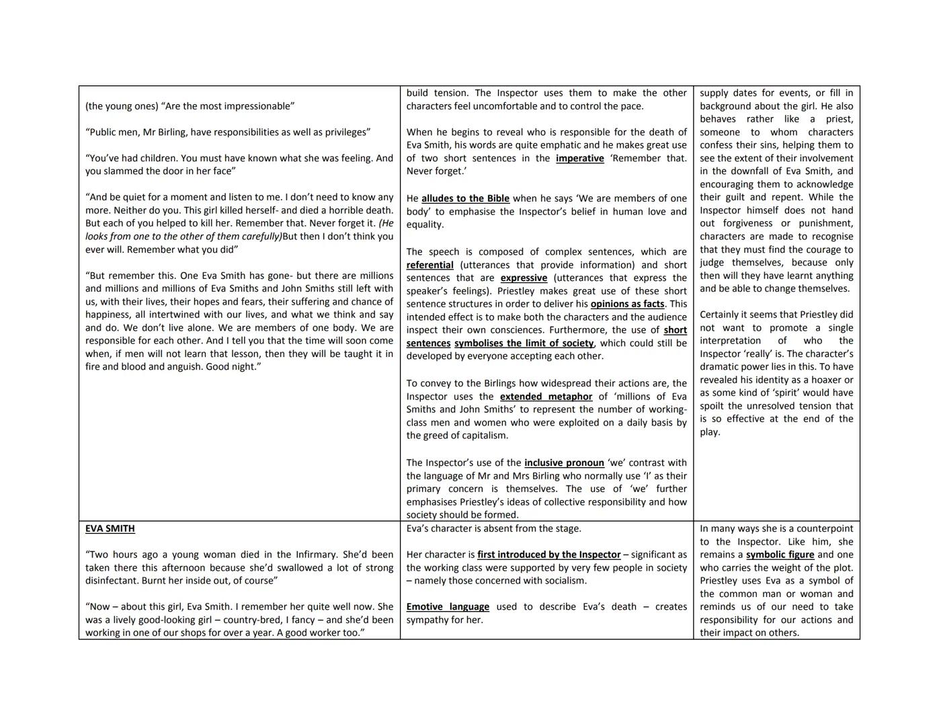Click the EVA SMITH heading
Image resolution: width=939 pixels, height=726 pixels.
tap(110, 528)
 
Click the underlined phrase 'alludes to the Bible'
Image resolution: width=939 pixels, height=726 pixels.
tap(465, 198)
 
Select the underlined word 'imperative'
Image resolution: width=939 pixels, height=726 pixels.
tap(579, 158)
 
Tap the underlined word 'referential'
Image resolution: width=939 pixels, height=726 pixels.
tap(430, 265)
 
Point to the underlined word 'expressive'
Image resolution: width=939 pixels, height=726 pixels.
tap(524, 278)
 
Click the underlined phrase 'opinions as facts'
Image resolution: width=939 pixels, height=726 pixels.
tap(627, 304)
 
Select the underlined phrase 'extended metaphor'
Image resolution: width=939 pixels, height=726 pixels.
tap(546, 397)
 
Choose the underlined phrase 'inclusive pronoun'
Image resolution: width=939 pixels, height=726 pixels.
tap(564, 462)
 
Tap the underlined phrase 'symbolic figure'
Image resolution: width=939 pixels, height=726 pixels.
tap(780, 555)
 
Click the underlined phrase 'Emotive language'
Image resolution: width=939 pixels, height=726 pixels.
tap(448, 606)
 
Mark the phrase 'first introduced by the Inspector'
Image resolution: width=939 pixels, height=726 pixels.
tap(548, 555)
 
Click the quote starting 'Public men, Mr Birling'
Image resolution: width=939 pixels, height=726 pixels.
tap(227, 132)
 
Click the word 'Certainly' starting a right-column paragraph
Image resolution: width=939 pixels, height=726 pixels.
tap(721, 315)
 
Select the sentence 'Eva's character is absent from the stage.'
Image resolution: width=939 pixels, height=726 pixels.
tap(493, 528)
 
